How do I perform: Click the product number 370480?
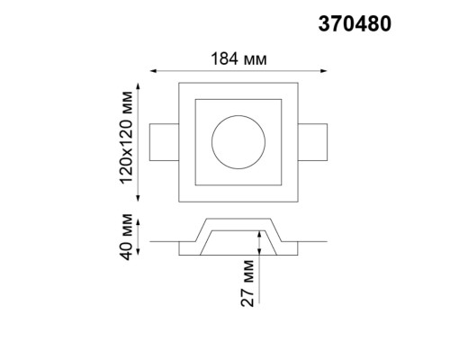pos(354,25)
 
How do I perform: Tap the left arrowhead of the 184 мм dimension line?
pos(152,70)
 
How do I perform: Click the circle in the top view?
pos(238,139)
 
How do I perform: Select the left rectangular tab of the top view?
pos(165,140)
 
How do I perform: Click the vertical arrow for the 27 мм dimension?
pos(259,247)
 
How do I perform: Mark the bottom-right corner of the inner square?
pos(283,184)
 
